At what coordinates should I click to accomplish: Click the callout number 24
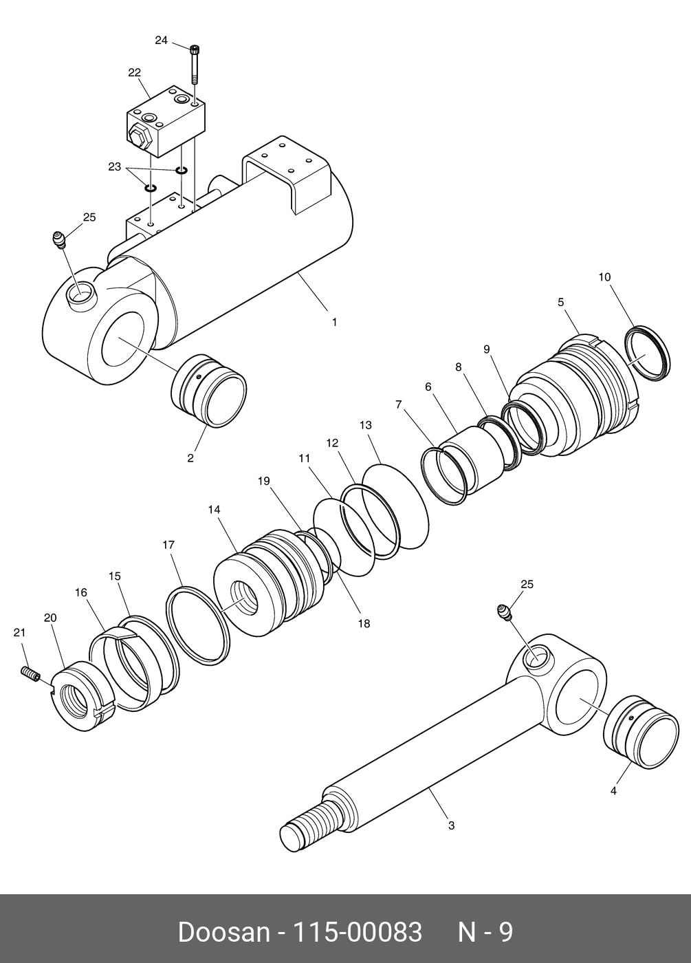tap(161, 41)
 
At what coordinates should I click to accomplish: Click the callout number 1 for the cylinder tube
tap(334, 322)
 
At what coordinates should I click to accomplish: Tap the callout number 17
tap(168, 545)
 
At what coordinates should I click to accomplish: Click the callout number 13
tap(366, 426)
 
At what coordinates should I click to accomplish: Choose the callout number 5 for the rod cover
tap(560, 302)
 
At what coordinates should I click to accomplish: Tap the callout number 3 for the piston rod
tap(451, 825)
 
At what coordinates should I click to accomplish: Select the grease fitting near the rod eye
tap(504, 612)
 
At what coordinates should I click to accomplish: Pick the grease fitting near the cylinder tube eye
tap(60, 240)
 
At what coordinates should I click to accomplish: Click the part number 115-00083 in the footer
tap(358, 932)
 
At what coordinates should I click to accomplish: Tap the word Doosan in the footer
tap(223, 932)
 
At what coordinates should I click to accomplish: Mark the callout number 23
tap(114, 166)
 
